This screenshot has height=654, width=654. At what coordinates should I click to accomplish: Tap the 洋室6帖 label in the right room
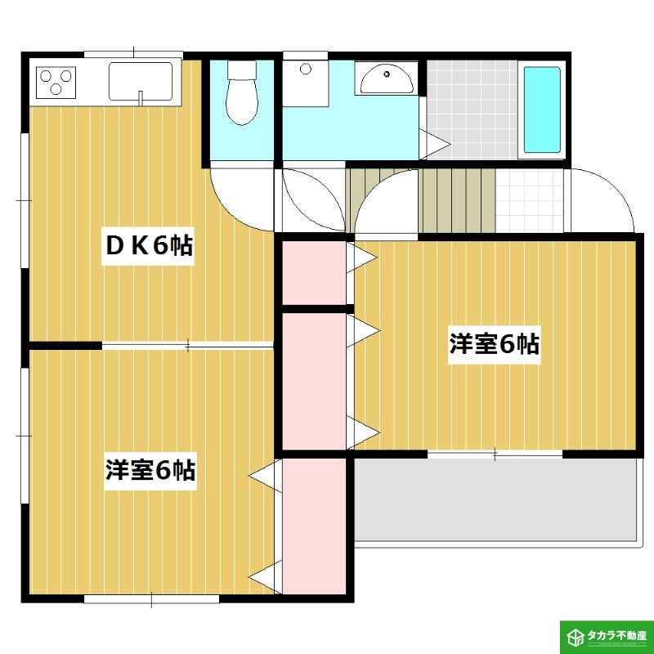494,344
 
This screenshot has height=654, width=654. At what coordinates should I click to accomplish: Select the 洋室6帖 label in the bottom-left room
150,471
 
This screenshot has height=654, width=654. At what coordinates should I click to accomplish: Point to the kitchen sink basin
140,81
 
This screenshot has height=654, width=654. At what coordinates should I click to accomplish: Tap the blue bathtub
541,110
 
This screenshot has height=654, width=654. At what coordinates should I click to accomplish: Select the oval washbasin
386,80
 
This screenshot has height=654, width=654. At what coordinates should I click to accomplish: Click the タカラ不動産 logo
606,636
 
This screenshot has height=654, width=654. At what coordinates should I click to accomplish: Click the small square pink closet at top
314,272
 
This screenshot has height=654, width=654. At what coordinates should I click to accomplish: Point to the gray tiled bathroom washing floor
473,106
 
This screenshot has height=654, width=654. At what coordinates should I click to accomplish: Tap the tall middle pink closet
314,380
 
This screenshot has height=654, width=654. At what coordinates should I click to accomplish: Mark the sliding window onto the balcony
495,452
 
